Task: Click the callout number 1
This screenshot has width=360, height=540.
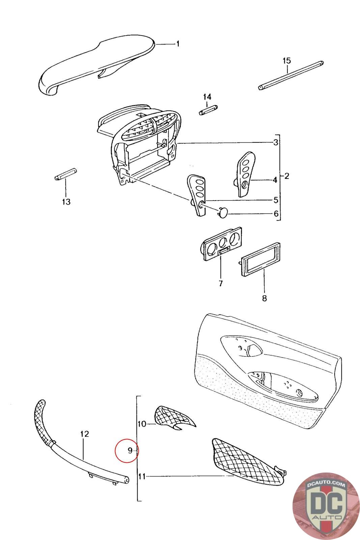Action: (x=178, y=44)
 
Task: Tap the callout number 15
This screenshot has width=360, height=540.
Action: (x=286, y=61)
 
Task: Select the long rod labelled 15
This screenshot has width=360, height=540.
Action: (x=291, y=75)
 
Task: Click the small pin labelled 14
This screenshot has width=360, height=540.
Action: (x=207, y=110)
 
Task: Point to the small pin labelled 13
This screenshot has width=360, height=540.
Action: (x=65, y=176)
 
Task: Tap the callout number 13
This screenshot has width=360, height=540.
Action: (x=66, y=202)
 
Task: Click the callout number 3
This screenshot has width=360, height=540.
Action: (x=276, y=142)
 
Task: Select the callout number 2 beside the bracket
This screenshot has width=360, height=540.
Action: (x=286, y=176)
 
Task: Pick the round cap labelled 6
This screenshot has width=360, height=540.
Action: (x=222, y=213)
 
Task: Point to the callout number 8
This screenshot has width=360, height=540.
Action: (x=264, y=298)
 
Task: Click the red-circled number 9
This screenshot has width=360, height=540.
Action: (x=130, y=450)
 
